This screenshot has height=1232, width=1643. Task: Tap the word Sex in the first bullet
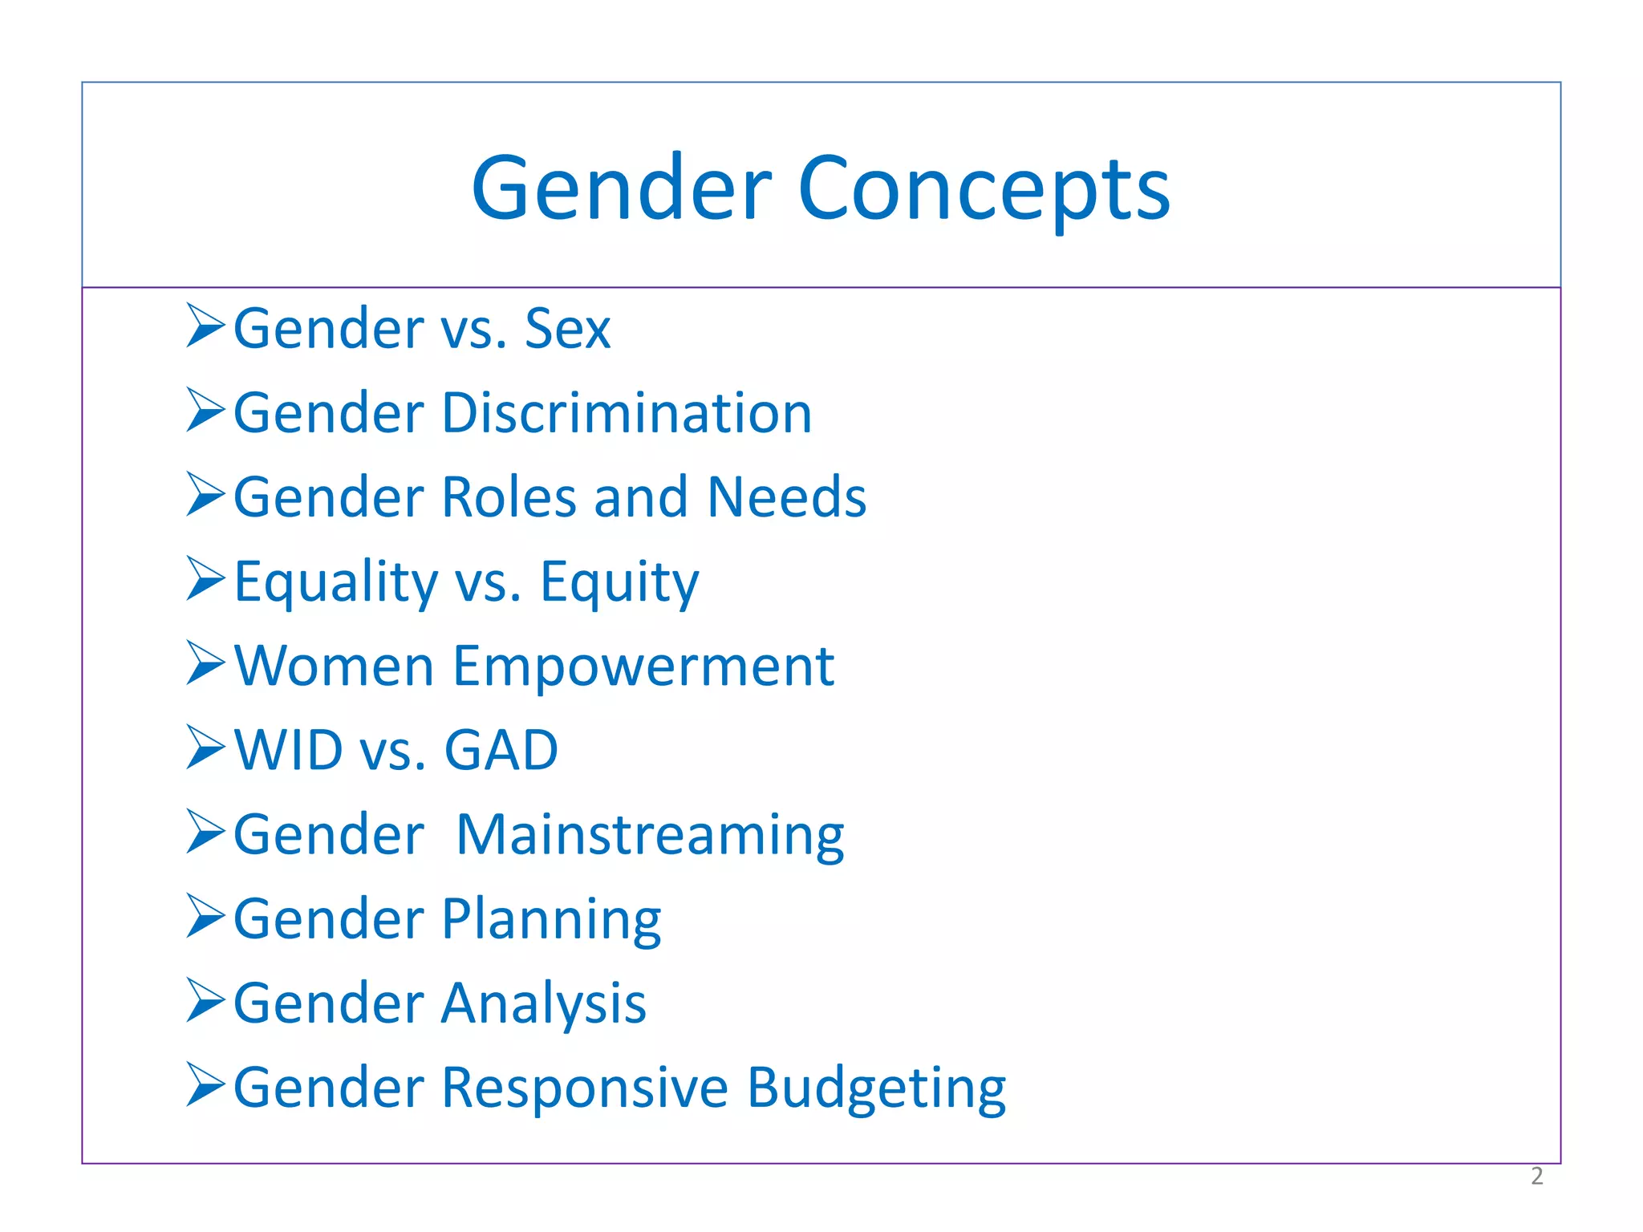coord(567,329)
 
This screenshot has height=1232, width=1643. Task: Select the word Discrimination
coord(627,413)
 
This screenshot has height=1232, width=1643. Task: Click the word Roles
coord(509,497)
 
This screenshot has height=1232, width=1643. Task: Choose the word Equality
coord(335,582)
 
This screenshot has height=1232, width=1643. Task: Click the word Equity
coord(619,582)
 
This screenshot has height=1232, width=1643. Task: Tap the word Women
coord(334,667)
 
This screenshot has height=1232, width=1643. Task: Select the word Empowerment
coord(643,667)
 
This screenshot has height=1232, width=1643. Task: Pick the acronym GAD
coord(501,751)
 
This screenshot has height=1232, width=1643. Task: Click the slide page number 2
coord(1536,1176)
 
